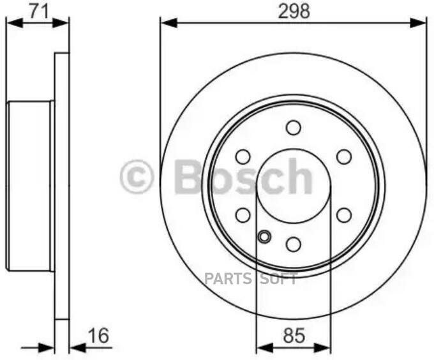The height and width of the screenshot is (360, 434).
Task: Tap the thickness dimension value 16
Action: (x=99, y=335)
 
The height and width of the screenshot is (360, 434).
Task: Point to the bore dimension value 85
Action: (x=294, y=334)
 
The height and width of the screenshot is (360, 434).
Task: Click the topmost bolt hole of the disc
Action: (x=294, y=128)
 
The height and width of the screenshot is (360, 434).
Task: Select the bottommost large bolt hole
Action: (x=294, y=244)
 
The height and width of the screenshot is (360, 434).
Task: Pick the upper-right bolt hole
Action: (x=344, y=157)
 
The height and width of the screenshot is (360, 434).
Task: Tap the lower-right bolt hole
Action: (x=344, y=215)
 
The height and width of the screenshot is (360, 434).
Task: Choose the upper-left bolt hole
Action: (x=243, y=157)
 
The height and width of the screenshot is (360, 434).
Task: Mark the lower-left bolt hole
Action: (x=243, y=215)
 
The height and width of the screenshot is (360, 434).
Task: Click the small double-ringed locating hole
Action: (x=264, y=237)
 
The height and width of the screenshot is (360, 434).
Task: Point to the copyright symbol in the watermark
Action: (x=137, y=177)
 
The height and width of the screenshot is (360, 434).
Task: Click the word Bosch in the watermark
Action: (x=243, y=177)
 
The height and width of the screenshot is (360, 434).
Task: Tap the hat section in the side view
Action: (x=29, y=185)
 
